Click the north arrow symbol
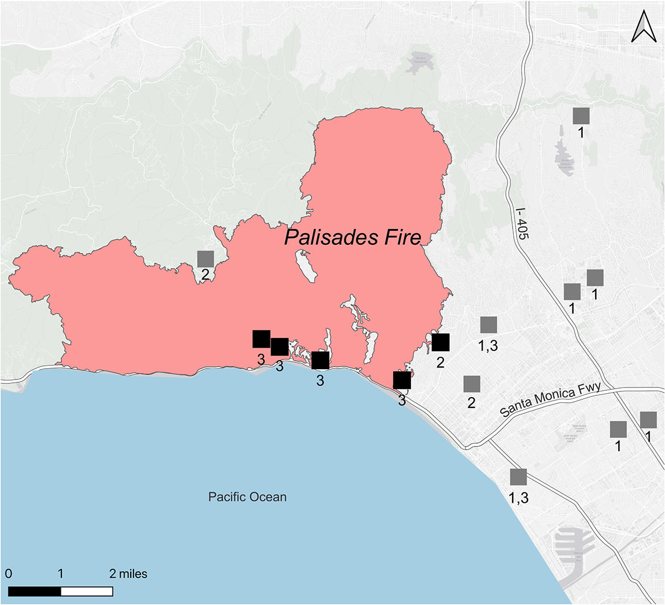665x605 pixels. (x=643, y=28)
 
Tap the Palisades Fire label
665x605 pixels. (x=352, y=237)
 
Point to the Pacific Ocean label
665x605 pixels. (x=247, y=497)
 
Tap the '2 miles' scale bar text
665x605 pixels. (x=128, y=574)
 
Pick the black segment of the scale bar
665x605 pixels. (x=35, y=591)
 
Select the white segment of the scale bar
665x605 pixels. (x=86, y=591)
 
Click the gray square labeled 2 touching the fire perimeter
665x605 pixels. (x=205, y=258)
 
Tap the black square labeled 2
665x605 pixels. (x=440, y=343)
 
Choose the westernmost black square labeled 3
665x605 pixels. (x=261, y=339)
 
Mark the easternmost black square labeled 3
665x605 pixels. (x=402, y=379)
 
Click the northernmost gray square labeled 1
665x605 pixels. (x=581, y=116)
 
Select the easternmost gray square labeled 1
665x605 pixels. (x=648, y=420)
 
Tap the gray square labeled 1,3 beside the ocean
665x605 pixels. (x=518, y=477)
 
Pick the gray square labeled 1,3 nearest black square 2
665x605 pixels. (x=488, y=325)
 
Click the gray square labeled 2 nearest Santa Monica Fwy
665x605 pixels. (x=471, y=384)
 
